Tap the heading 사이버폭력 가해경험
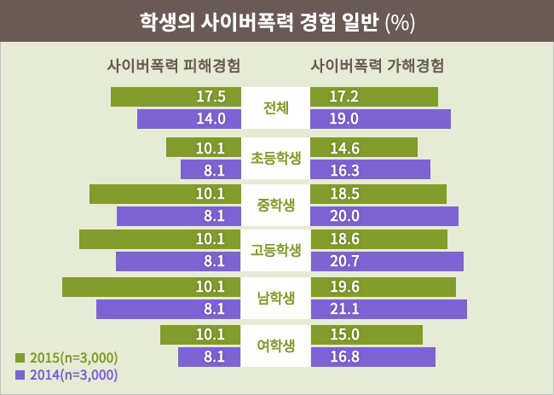coord(378,65)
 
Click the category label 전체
coord(276,108)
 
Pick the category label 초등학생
coord(276,158)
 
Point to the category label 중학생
coord(276,205)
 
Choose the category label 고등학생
coord(276,251)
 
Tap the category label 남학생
coord(276,298)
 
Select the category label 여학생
coord(276,346)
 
